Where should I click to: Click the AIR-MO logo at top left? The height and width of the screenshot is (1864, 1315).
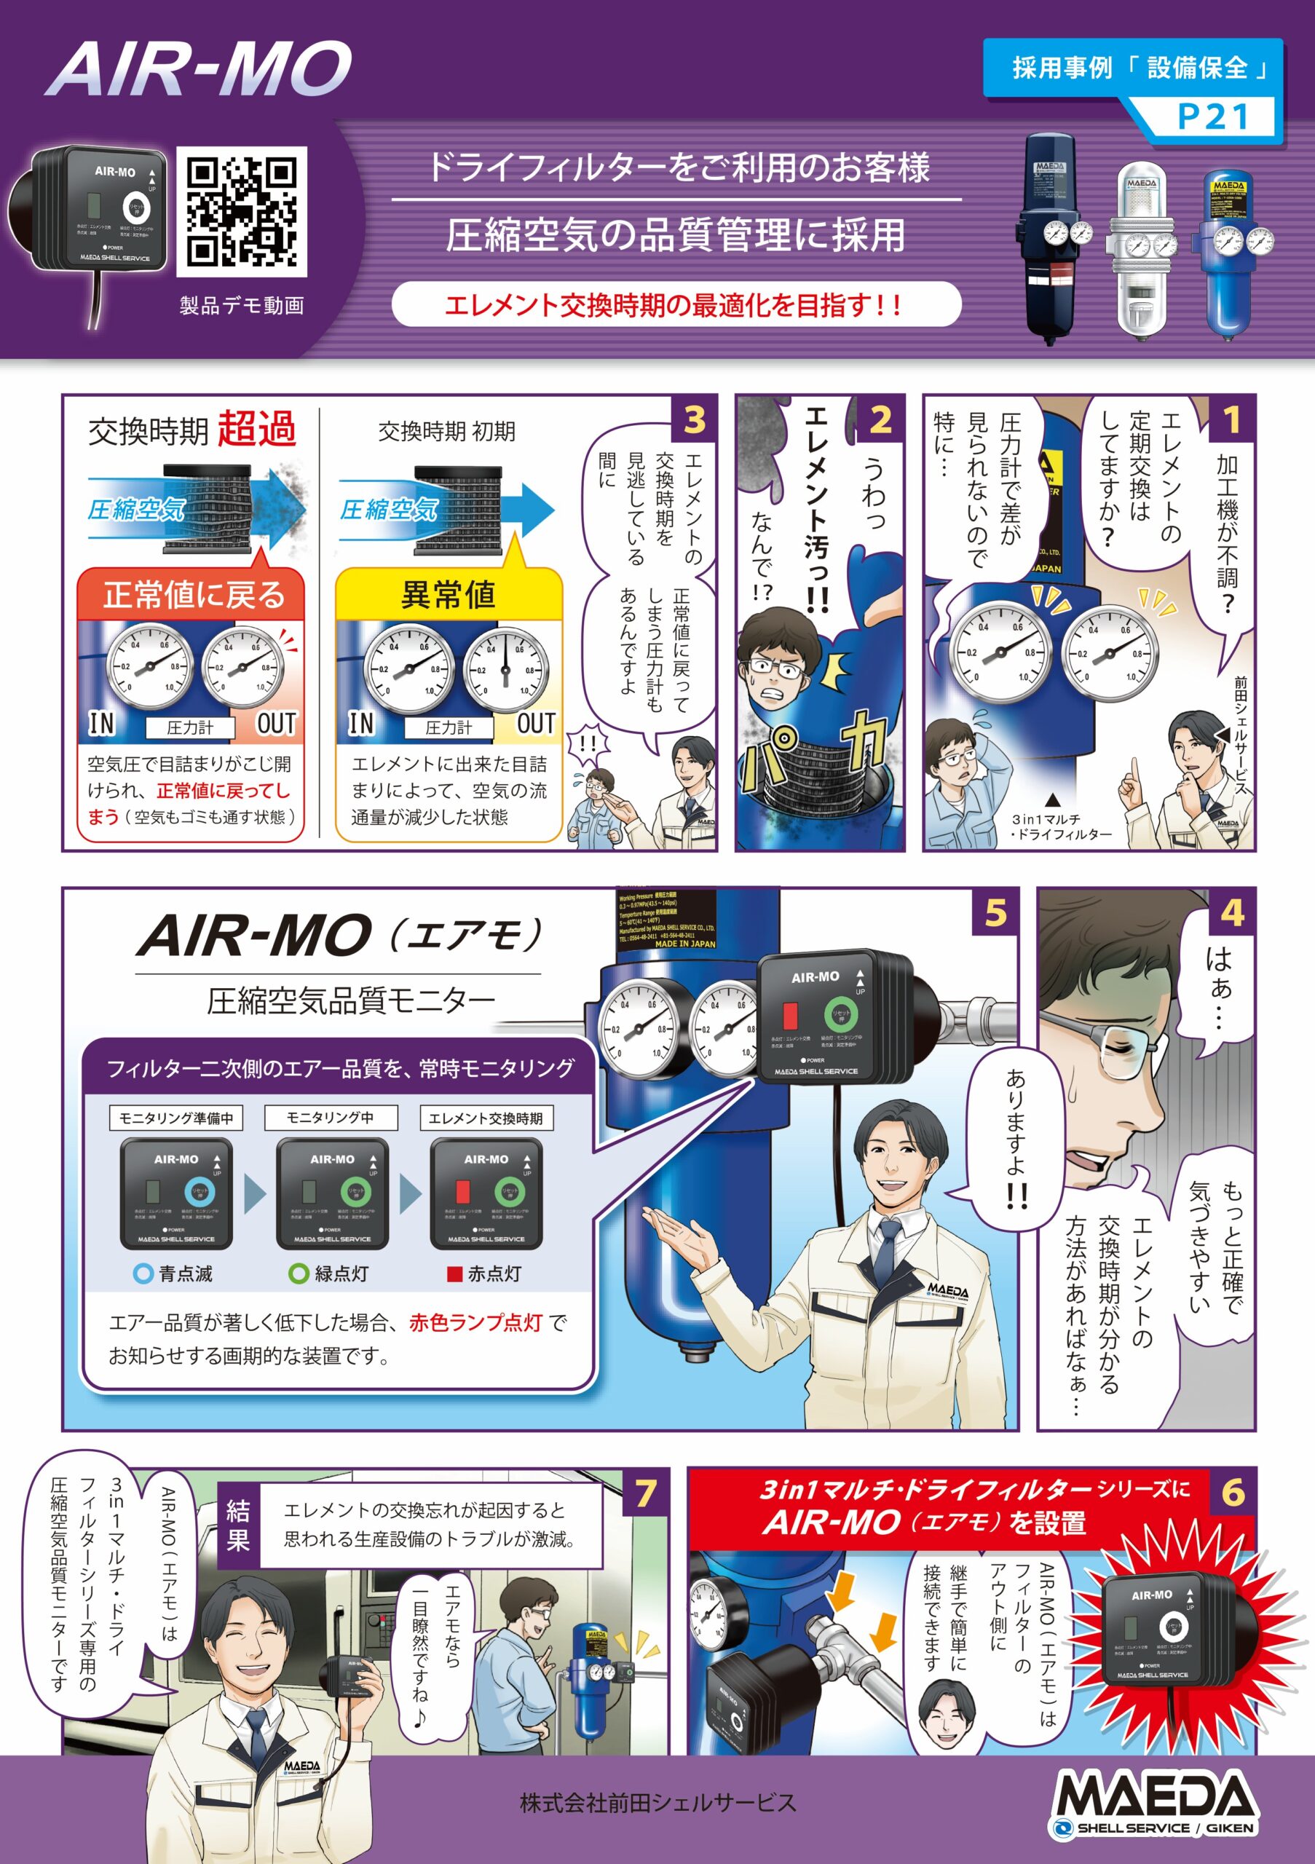click(199, 69)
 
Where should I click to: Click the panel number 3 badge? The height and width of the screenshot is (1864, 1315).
click(695, 419)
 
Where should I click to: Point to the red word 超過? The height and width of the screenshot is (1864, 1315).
click(256, 429)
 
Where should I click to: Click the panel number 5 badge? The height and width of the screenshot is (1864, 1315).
click(995, 912)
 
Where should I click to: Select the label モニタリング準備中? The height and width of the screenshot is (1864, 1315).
click(176, 1118)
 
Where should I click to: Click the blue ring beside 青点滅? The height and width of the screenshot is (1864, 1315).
click(143, 1273)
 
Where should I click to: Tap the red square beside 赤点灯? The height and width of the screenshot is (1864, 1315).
click(454, 1273)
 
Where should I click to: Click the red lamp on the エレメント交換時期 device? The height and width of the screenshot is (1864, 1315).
click(462, 1191)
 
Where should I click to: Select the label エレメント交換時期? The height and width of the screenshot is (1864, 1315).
click(486, 1118)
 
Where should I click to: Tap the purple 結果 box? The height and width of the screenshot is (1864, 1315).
click(238, 1525)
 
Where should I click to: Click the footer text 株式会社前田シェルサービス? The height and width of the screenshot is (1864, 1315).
click(657, 1803)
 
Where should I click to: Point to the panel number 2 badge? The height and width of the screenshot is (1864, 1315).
click(881, 419)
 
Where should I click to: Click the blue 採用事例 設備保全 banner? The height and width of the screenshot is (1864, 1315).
click(1132, 68)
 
